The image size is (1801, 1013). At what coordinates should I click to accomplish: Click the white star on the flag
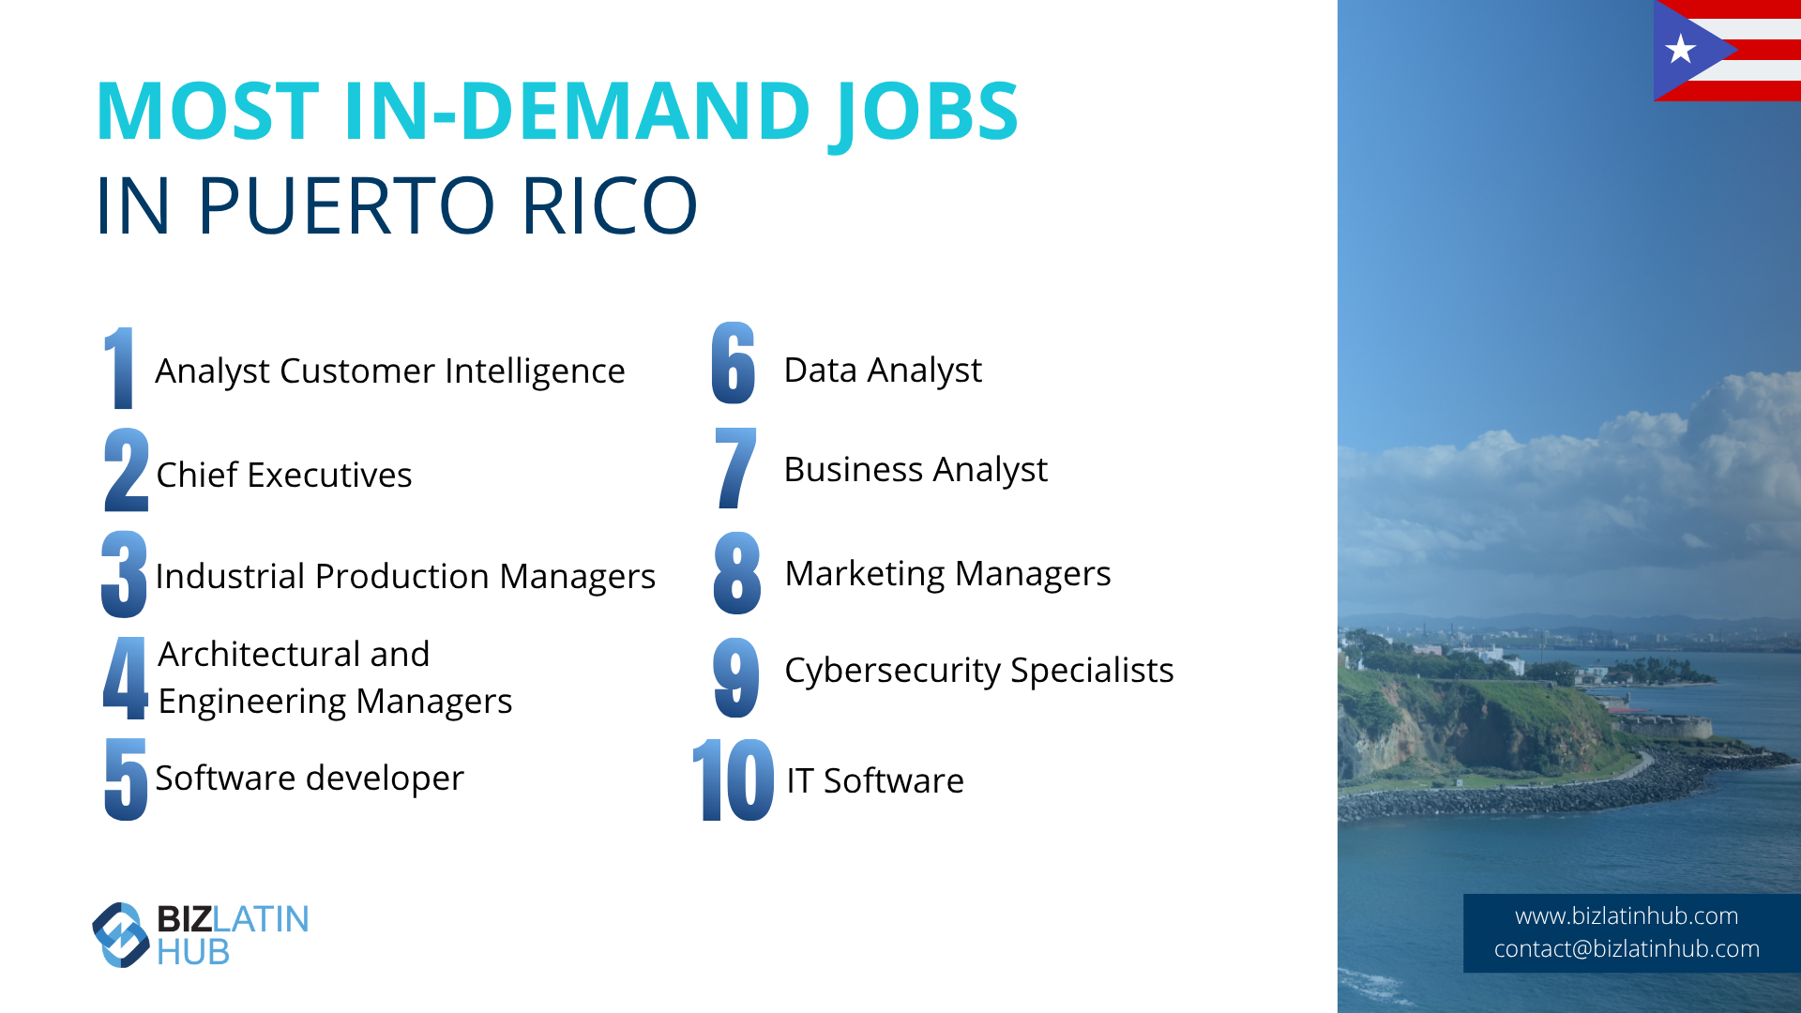(1680, 49)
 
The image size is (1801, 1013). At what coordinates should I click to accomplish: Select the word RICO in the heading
(610, 205)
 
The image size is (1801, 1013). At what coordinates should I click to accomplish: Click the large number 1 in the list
(119, 368)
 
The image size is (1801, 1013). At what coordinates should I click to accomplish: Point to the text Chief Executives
(283, 475)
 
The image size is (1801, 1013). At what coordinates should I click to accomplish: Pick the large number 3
(125, 574)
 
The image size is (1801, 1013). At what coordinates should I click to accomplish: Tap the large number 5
(127, 779)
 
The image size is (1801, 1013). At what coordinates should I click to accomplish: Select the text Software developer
(310, 779)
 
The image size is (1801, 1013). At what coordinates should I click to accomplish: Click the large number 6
(734, 363)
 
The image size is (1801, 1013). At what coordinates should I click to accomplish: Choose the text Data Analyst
(883, 370)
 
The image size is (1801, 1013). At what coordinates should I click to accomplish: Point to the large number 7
(735, 468)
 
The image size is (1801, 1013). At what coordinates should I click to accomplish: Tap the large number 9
(736, 677)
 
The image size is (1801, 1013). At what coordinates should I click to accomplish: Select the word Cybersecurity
(893, 671)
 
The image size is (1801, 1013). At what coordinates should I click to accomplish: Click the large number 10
(734, 779)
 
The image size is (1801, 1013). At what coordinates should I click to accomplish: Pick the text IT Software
(875, 780)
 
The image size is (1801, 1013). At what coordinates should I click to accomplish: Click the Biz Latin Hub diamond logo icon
(121, 934)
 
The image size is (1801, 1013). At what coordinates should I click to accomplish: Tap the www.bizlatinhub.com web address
(1627, 915)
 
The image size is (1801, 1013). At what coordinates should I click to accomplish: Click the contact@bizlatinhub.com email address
(1627, 948)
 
